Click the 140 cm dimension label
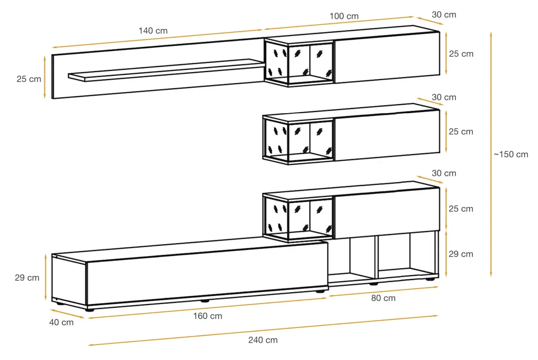[x=153, y=31]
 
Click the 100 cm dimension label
[x=344, y=16]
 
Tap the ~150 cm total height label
[x=511, y=154]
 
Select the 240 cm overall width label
[x=263, y=340]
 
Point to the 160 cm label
[x=207, y=316]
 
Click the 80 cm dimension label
[x=383, y=298]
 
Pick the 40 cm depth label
[x=61, y=323]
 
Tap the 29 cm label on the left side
[x=27, y=278]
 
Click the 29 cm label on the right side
[x=461, y=254]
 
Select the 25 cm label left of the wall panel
[x=29, y=79]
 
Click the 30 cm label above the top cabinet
[x=444, y=15]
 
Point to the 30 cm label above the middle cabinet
[x=444, y=97]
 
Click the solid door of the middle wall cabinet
[x=387, y=135]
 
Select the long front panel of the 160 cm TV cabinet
[x=207, y=276]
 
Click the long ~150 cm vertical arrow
[x=491, y=154]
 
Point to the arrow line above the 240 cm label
[x=263, y=330]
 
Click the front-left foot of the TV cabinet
[x=89, y=310]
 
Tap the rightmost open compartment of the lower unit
[x=407, y=256]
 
